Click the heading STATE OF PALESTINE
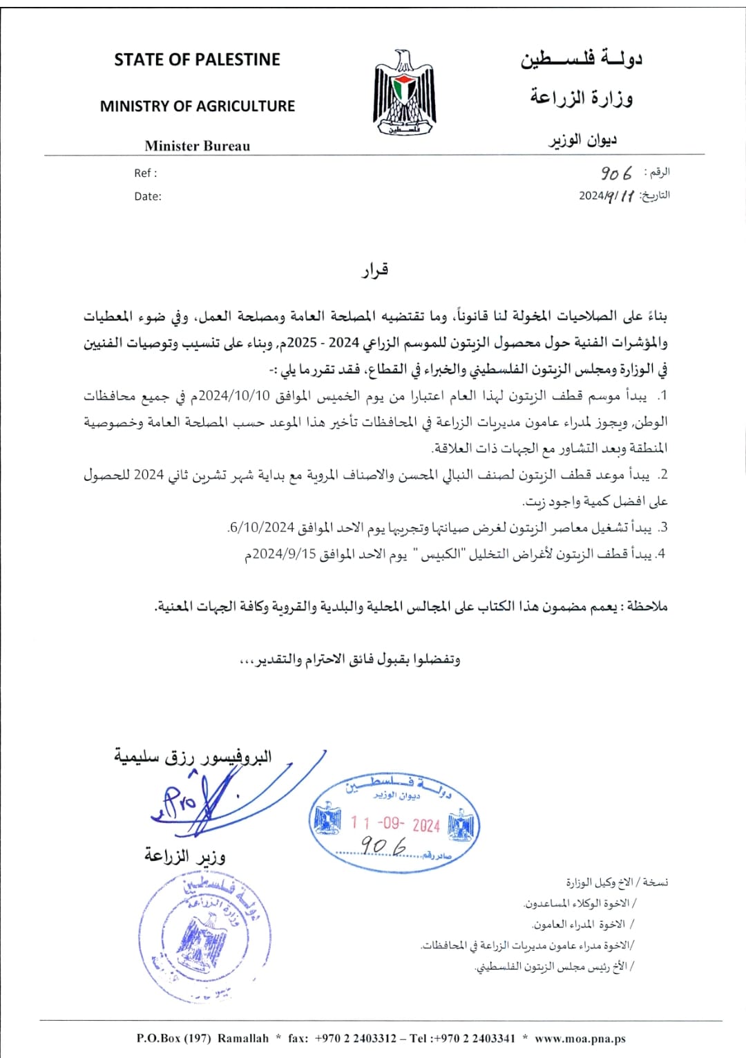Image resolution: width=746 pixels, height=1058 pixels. tap(197, 60)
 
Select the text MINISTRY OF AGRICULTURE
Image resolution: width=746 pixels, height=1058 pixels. tap(197, 106)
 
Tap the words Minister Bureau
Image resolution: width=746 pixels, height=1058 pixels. tap(197, 146)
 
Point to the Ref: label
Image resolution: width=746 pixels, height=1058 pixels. tap(145, 173)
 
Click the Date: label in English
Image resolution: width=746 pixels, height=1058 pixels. tap(148, 196)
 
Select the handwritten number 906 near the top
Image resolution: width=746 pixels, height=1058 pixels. tap(616, 173)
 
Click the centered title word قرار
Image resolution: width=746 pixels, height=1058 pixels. tap(374, 270)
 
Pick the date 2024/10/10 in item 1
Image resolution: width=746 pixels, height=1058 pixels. tap(233, 396)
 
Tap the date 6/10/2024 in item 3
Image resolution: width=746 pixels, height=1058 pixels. tap(262, 528)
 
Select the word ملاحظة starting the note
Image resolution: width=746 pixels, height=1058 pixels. tap(647, 607)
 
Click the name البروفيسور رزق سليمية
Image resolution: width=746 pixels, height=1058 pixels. tap(193, 757)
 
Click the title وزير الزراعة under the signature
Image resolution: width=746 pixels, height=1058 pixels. tap(184, 856)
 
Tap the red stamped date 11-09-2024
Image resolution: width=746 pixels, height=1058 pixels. tap(394, 824)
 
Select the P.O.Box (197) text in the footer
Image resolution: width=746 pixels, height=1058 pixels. tap(173, 1038)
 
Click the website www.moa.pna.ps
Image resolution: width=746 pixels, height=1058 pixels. tap(580, 1038)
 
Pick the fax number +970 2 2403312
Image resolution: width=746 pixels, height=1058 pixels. tap(355, 1038)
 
